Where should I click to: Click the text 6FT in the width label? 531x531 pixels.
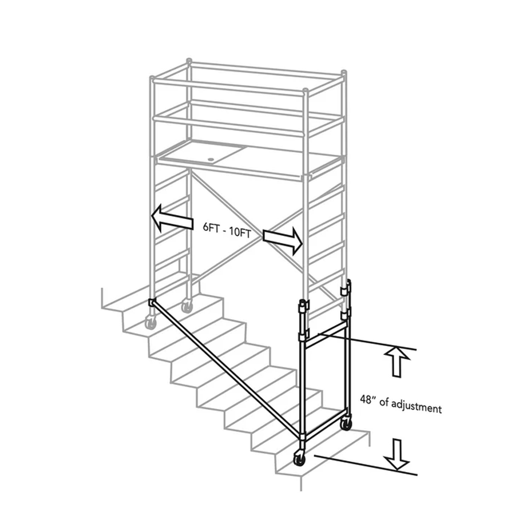pos(211,227)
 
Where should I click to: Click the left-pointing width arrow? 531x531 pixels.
pos(172,218)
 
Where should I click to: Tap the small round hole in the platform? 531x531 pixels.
pos(211,160)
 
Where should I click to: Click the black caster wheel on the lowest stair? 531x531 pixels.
pos(299,458)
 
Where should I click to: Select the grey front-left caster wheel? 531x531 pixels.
pos(151,322)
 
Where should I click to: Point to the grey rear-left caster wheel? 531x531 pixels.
pos(186,306)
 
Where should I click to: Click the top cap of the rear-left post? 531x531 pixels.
pos(189,61)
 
